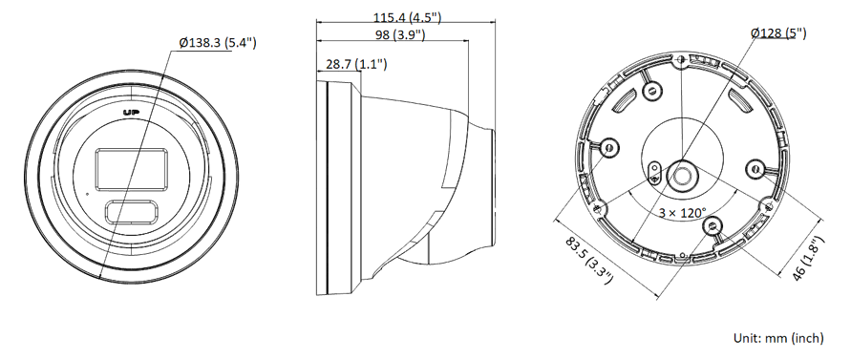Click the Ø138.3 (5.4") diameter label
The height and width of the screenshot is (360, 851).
[x=218, y=43]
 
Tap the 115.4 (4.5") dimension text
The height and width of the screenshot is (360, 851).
[x=407, y=17]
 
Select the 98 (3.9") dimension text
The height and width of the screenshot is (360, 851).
[x=400, y=34]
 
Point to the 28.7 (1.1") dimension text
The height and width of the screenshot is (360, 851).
[x=356, y=64]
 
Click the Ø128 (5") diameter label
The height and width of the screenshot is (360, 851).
[x=778, y=33]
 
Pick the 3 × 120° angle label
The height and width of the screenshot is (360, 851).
[x=683, y=212]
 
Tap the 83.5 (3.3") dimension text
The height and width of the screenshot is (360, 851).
[x=589, y=260]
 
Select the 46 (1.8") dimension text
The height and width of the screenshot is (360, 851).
[x=808, y=258]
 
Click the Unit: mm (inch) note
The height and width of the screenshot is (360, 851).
[x=778, y=338]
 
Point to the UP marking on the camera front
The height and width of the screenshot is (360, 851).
[x=131, y=113]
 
